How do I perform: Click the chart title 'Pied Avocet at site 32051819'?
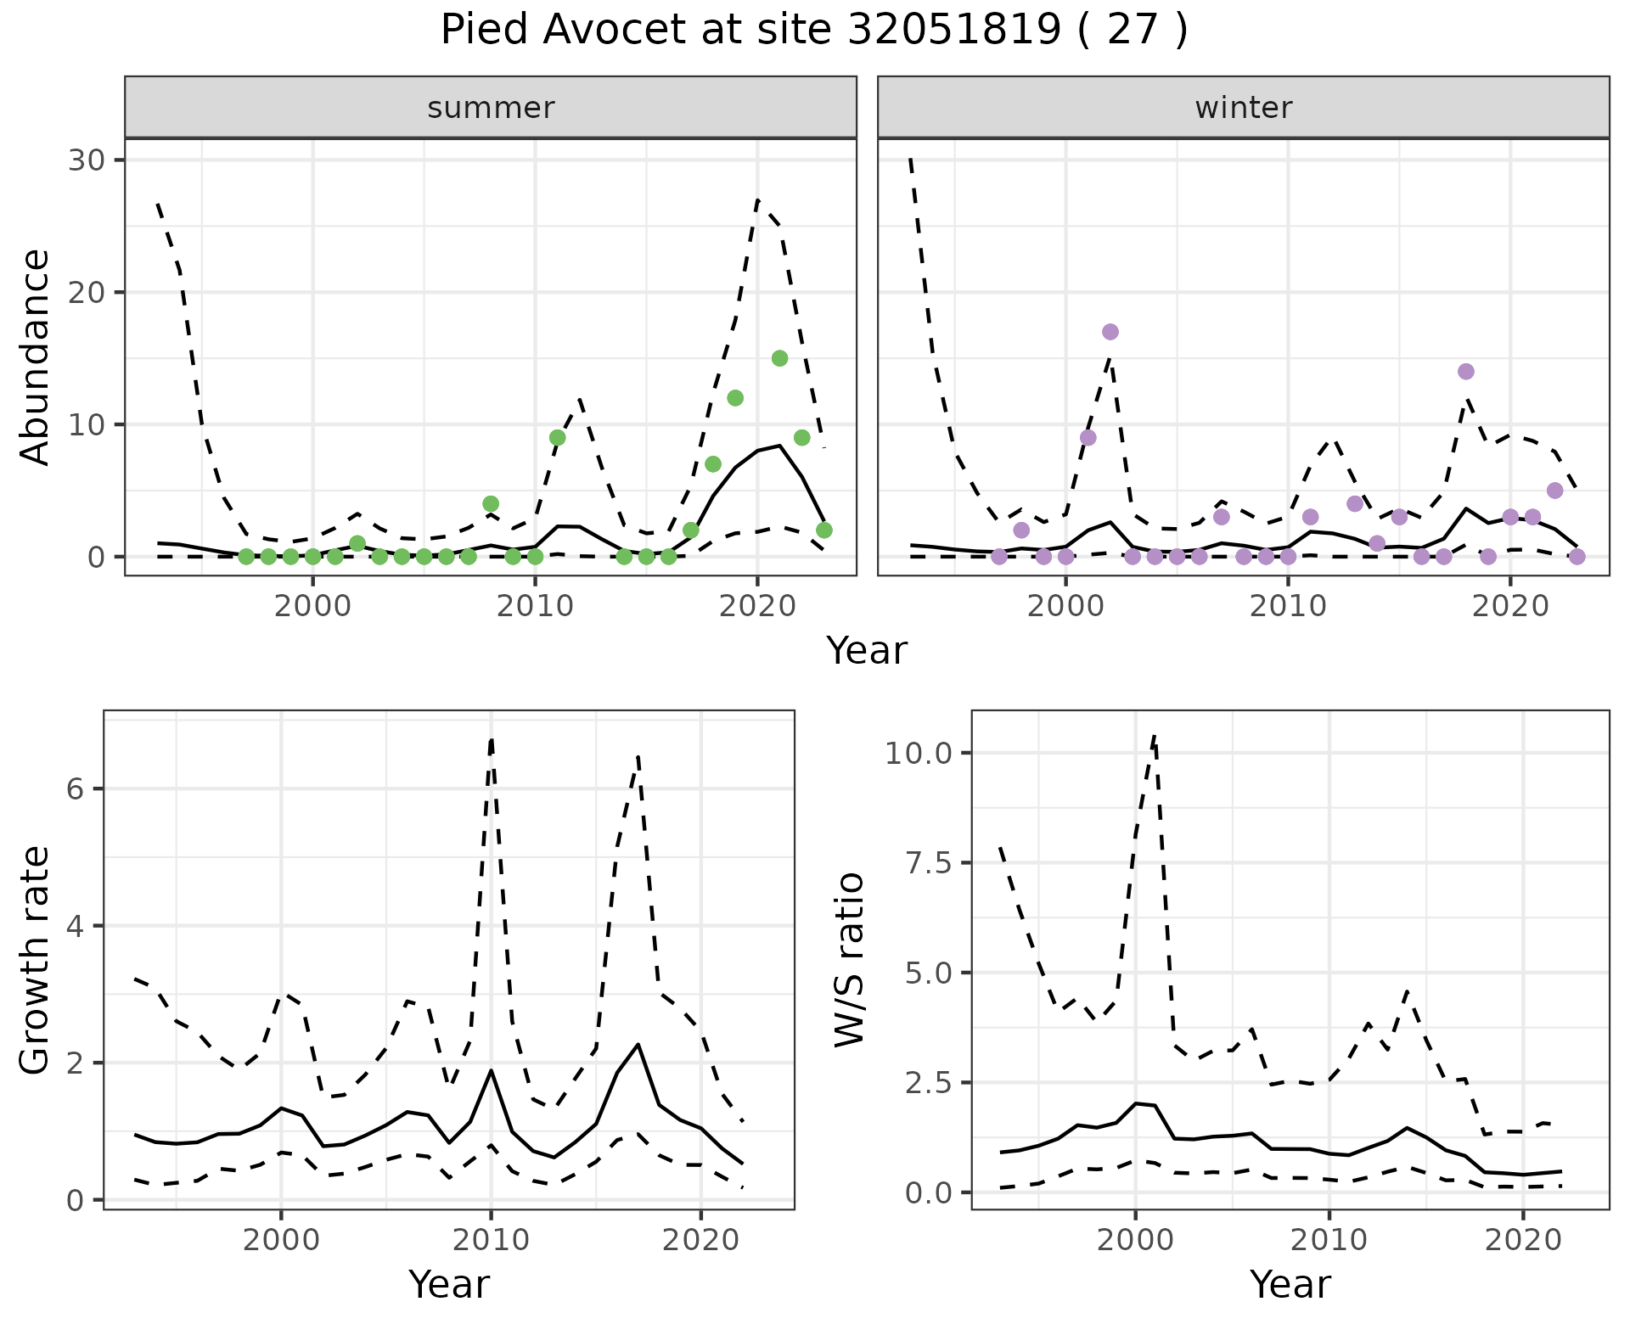click(x=813, y=31)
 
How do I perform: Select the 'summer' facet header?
click(x=491, y=108)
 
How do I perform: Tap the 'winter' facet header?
click(x=1243, y=108)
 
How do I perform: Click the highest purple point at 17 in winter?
click(x=1110, y=332)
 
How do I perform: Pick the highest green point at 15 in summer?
click(x=780, y=358)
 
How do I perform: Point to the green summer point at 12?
click(x=735, y=398)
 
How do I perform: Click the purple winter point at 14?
click(x=1465, y=372)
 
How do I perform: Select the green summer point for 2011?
click(x=558, y=438)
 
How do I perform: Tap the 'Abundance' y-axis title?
click(x=36, y=357)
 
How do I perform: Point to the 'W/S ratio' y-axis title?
click(x=849, y=960)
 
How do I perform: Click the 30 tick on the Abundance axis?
click(x=85, y=160)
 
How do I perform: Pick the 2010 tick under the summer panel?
click(x=535, y=607)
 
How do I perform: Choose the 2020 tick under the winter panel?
click(x=1510, y=607)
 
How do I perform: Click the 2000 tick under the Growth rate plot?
click(x=281, y=1240)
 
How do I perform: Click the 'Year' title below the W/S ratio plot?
click(x=1290, y=1284)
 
